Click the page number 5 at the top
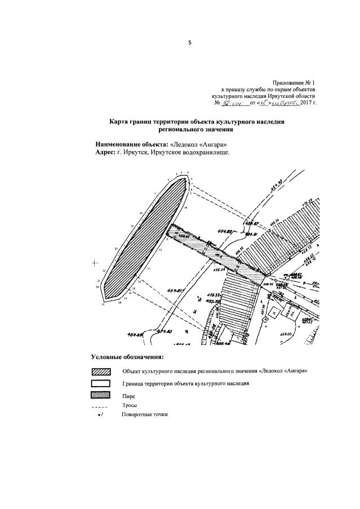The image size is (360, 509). pyautogui.click(x=190, y=43)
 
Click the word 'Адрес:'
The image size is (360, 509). pyautogui.click(x=105, y=152)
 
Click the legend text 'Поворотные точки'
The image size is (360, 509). pyautogui.click(x=144, y=415)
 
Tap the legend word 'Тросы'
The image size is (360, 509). pyautogui.click(x=130, y=405)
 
